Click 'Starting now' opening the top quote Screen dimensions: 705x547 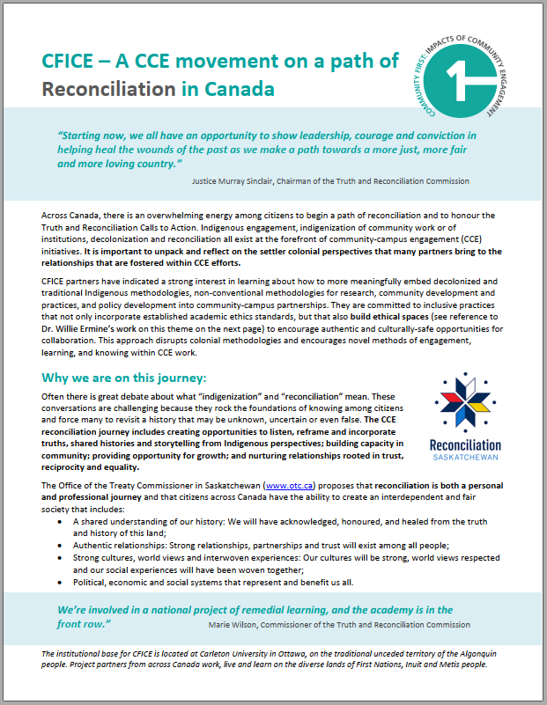click(x=90, y=137)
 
